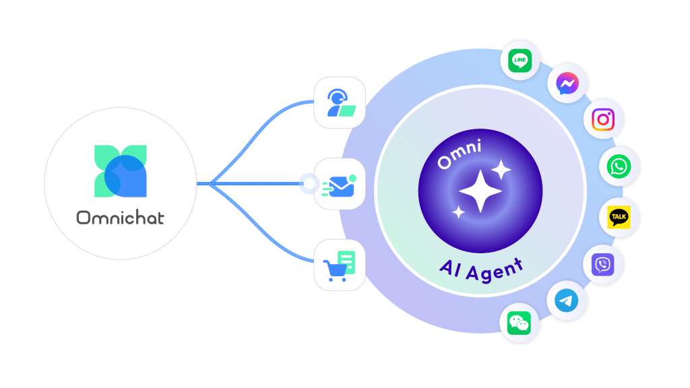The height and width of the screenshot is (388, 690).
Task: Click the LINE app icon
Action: click(520, 61)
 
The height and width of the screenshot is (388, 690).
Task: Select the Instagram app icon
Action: click(603, 120)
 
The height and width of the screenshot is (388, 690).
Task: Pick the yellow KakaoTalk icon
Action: click(619, 217)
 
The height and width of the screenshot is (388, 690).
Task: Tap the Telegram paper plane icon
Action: click(566, 301)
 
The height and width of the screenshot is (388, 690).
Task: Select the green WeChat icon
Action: click(519, 323)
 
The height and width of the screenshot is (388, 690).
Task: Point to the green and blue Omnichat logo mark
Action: click(121, 170)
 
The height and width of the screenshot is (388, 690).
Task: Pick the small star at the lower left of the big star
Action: click(458, 213)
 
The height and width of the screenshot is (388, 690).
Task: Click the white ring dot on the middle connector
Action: click(309, 183)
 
